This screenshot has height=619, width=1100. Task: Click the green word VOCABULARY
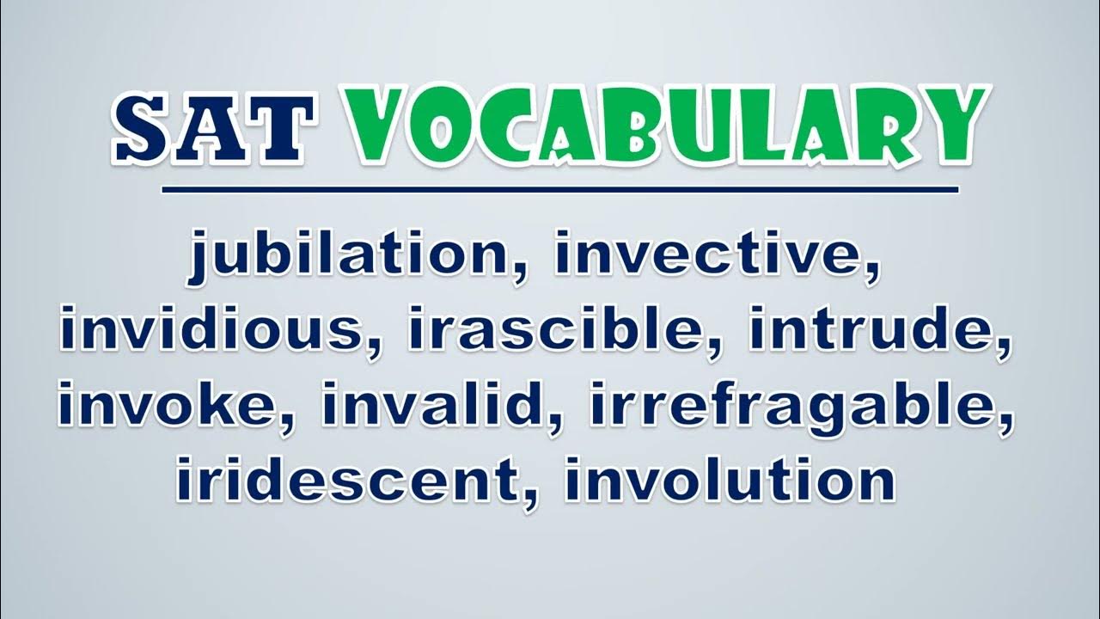[665, 126]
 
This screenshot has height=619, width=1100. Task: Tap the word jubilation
[349, 256]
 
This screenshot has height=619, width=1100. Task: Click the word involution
[730, 478]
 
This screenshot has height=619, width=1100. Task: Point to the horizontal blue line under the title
[559, 190]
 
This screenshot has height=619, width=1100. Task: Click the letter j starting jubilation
[199, 256]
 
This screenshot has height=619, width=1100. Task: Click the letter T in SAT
[280, 128]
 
